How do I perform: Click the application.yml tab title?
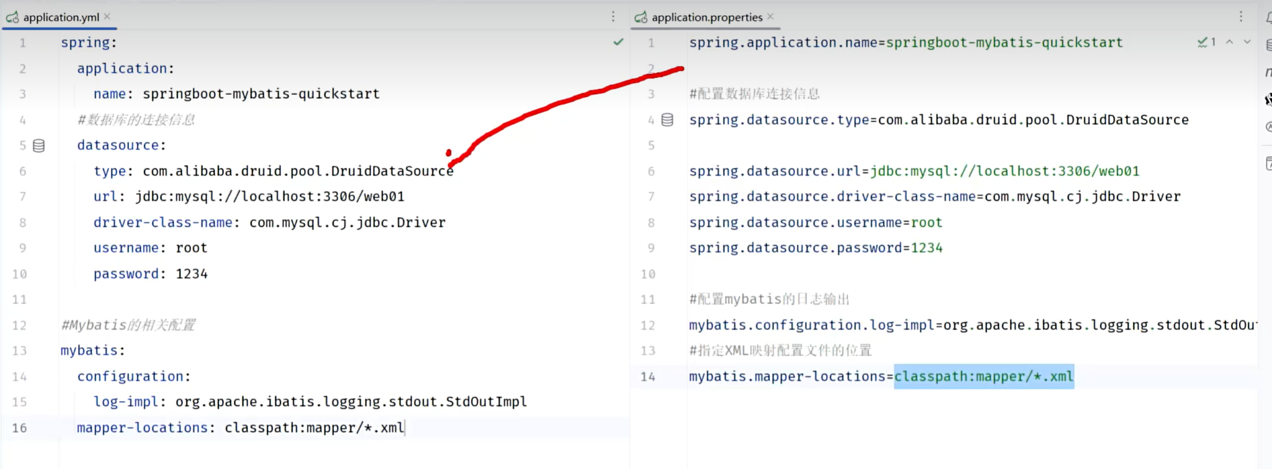61,17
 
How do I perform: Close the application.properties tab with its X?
770,17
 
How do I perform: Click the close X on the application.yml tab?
107,17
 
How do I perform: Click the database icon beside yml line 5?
39,145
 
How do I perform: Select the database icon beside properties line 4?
667,119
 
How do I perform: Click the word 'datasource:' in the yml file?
121,145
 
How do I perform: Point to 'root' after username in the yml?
192,247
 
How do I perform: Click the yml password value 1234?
192,274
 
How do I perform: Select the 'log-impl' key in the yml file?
126,402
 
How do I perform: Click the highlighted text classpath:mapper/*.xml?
984,377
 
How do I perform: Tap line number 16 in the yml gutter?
19,428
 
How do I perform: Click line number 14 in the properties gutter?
648,377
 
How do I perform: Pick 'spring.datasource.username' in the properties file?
796,222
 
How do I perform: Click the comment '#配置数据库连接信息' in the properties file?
754,94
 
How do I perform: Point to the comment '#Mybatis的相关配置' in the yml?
128,325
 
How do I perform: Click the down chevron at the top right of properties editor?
1247,42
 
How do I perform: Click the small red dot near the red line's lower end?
448,153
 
